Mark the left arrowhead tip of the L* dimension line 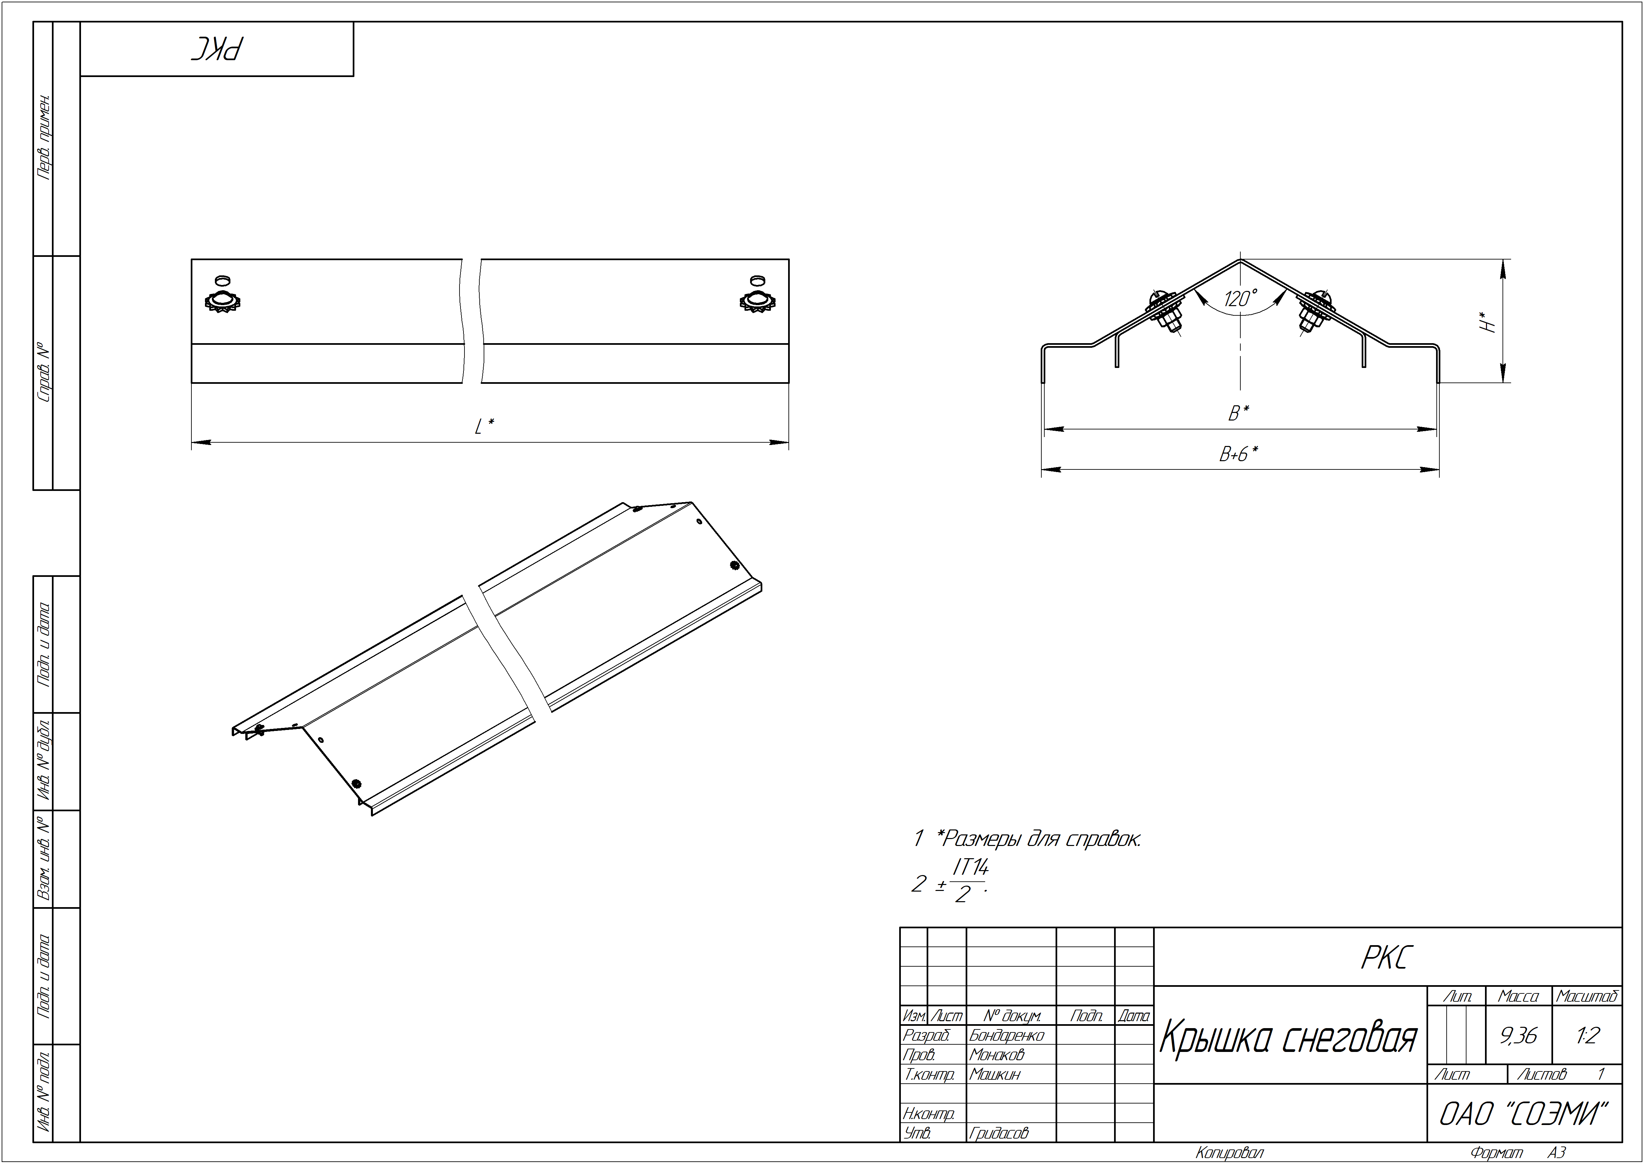(192, 442)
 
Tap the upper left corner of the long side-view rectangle (191, 260)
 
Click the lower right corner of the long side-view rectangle (789, 383)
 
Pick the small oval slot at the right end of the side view (757, 280)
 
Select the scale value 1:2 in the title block (1587, 1036)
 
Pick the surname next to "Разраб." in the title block (1006, 1035)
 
